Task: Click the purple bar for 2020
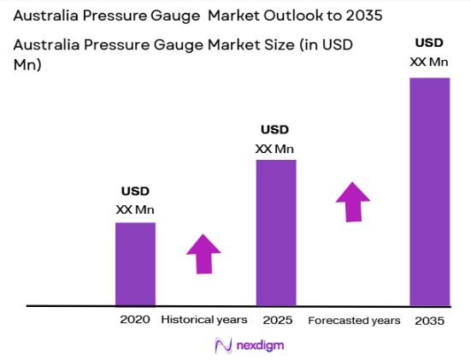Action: tap(135, 263)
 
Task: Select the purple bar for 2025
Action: tap(276, 232)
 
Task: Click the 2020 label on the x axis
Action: tap(135, 320)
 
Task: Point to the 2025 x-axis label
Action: tap(278, 320)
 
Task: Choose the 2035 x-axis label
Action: tap(429, 320)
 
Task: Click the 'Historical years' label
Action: tap(203, 320)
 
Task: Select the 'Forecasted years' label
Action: tap(354, 320)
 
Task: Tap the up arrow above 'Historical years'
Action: tap(203, 254)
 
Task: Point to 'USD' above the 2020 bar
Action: tap(135, 192)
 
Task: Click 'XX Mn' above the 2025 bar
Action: tap(275, 148)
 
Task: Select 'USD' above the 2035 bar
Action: tap(429, 43)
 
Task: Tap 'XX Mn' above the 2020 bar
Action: tap(135, 209)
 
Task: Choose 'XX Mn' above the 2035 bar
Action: tap(429, 61)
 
